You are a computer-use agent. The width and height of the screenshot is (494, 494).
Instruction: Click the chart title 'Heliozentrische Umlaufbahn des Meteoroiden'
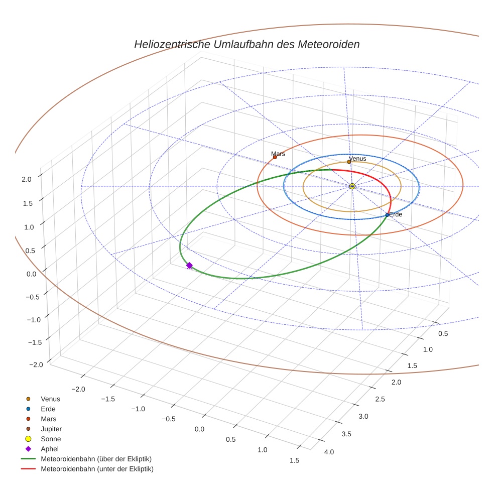point(246,44)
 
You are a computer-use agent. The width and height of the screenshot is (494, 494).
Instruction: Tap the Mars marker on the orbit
point(275,157)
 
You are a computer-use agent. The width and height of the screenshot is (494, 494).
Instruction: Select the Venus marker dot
point(349,162)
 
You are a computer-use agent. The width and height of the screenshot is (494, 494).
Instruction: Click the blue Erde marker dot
point(387,215)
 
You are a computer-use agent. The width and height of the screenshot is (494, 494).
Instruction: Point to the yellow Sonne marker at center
point(352,186)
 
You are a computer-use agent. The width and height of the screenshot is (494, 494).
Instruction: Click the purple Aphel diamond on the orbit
point(189,265)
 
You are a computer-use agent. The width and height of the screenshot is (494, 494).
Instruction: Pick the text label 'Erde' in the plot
point(396,214)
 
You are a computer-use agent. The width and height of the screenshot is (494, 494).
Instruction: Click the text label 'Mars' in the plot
point(278,154)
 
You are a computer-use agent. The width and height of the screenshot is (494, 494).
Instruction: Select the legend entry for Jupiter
point(51,429)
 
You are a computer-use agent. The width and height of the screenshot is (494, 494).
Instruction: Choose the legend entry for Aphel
point(49,449)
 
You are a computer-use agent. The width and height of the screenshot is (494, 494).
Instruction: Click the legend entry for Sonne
point(51,439)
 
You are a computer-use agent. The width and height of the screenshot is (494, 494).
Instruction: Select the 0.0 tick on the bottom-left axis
point(199,429)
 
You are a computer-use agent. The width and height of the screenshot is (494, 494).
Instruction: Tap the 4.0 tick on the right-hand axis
point(329,452)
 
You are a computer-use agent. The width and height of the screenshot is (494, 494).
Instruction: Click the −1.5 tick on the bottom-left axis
point(108,399)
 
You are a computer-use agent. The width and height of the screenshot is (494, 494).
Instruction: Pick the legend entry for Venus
point(50,399)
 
